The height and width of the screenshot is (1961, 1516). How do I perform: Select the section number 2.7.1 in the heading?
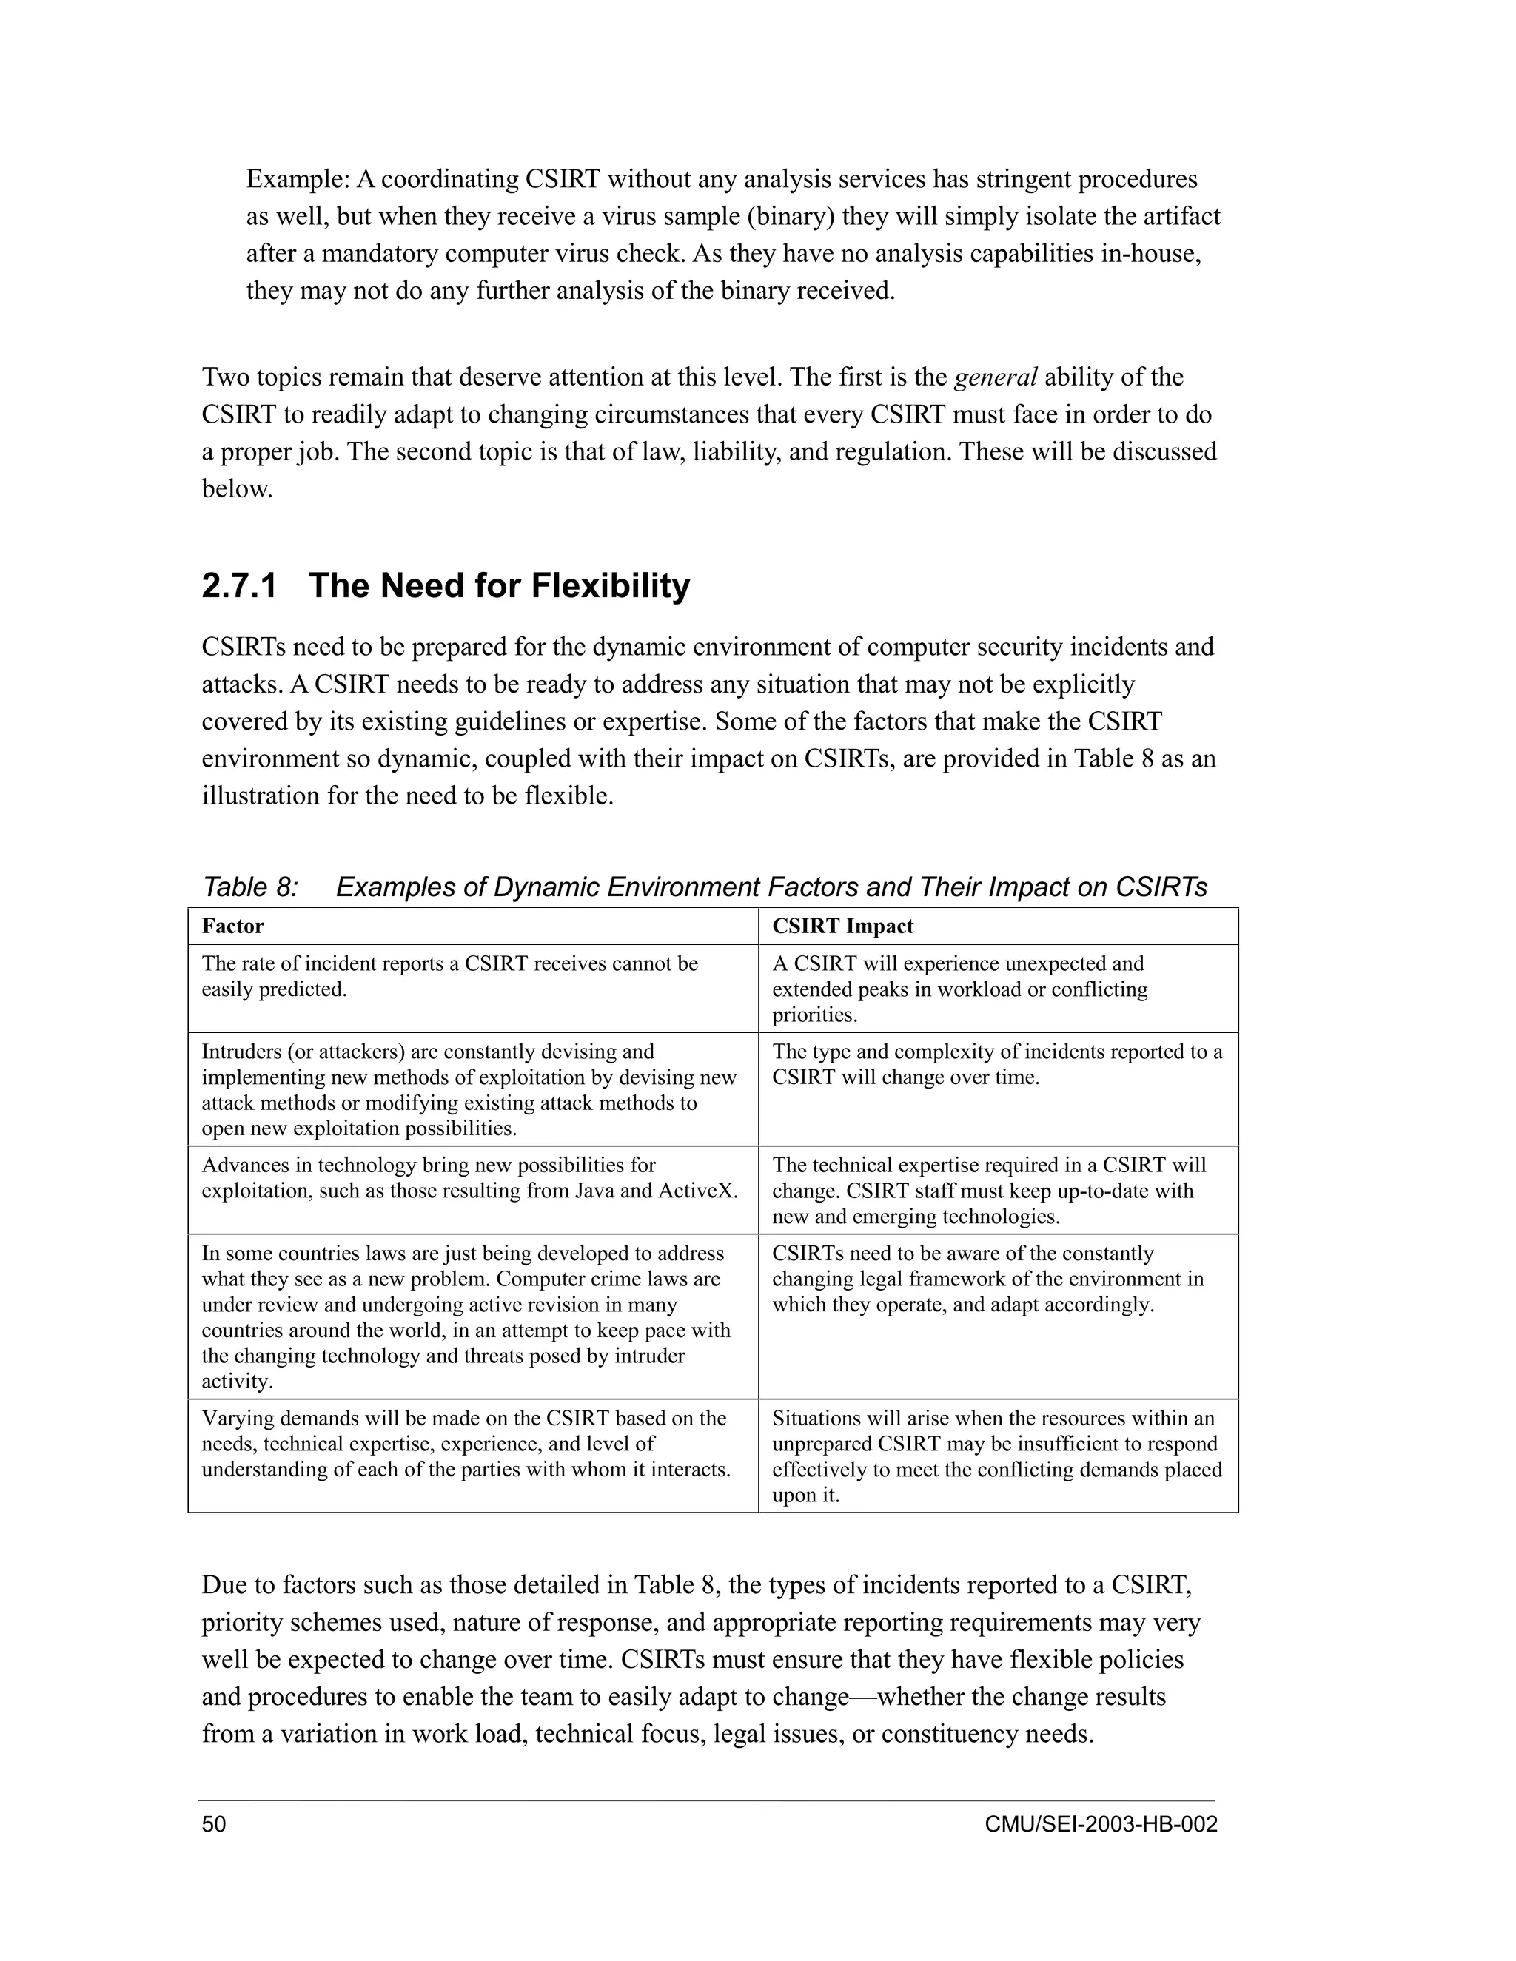[x=239, y=586]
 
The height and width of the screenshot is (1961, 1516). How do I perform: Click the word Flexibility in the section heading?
[x=611, y=586]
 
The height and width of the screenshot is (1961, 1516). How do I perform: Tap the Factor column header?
[x=232, y=926]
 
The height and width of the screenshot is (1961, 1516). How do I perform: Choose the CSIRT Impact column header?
[x=842, y=926]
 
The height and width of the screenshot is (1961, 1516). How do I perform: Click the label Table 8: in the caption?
[x=249, y=887]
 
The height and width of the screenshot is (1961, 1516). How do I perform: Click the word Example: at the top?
[x=298, y=180]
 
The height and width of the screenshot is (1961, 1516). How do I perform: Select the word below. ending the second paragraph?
[x=236, y=489]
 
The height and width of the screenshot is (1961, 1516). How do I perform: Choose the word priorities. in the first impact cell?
[x=814, y=1015]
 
